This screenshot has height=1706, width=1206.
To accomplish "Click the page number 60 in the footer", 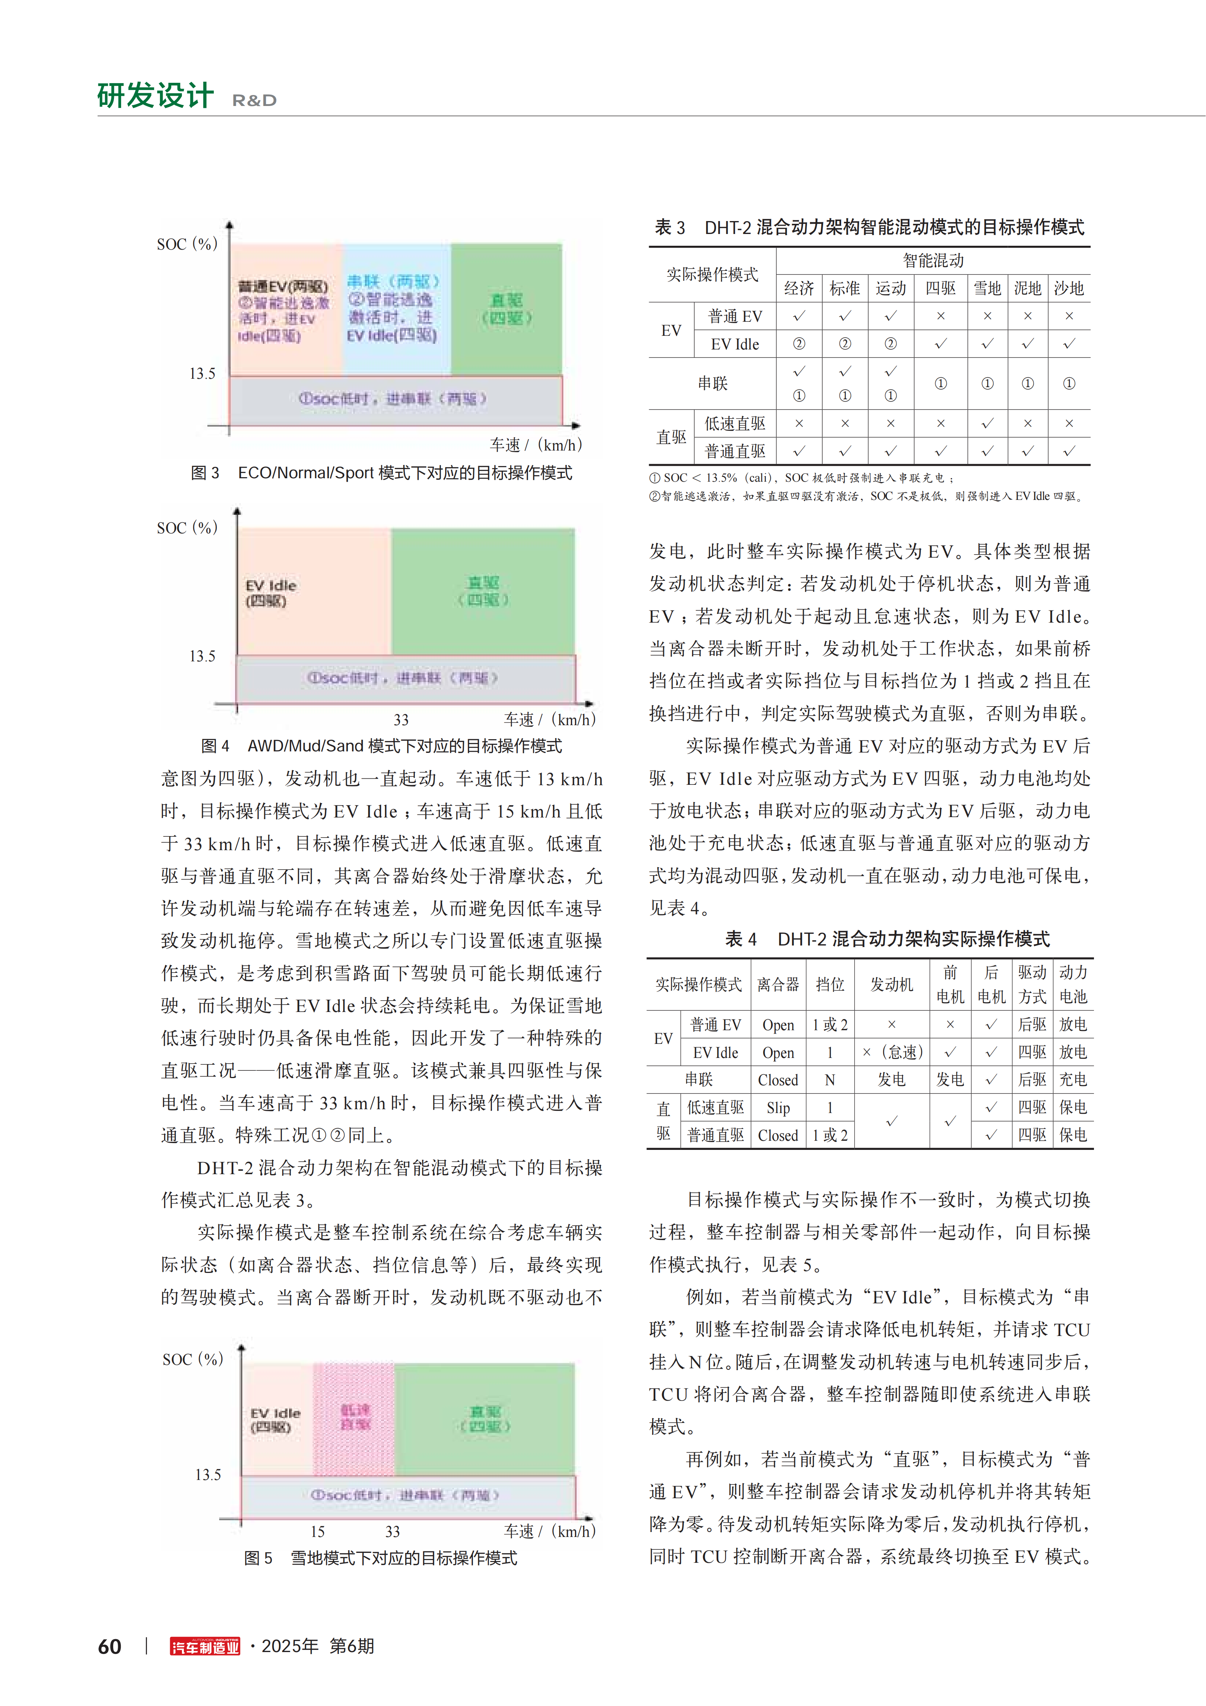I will click(110, 1647).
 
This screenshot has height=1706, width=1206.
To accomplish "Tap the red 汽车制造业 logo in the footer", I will click(205, 1647).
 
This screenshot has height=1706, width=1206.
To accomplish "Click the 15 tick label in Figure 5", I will click(317, 1531).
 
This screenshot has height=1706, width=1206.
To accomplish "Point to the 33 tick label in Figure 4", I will click(401, 719).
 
